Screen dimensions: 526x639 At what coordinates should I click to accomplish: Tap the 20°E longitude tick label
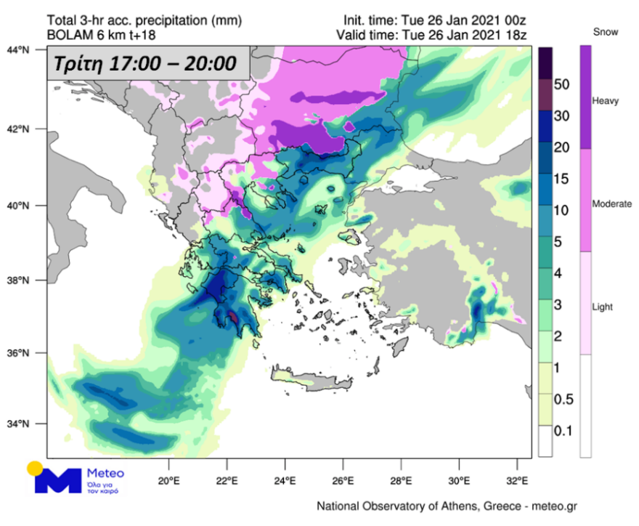tap(169, 480)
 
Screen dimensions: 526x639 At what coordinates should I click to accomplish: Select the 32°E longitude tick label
tap(517, 480)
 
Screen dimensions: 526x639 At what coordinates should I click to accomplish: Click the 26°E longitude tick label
tap(343, 480)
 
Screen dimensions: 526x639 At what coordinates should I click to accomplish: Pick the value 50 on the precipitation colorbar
tap(562, 85)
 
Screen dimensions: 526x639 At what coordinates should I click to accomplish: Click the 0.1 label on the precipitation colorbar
tap(563, 432)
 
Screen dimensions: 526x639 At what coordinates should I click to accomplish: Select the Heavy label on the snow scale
tap(606, 101)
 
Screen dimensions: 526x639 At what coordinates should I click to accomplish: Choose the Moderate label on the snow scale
tap(611, 204)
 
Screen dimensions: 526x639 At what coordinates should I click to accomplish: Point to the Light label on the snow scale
tap(603, 307)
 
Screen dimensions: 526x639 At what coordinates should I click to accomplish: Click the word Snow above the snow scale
tap(606, 32)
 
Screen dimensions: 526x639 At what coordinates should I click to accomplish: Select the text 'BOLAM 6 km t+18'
tap(101, 34)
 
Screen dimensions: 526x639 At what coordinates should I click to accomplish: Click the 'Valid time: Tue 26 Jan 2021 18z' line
tap(431, 34)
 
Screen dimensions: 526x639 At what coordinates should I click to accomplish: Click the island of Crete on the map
tap(306, 381)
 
